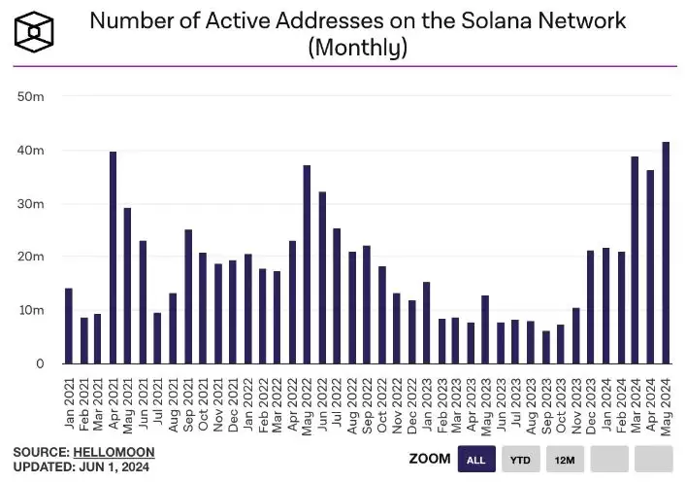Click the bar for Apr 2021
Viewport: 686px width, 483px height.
coord(114,258)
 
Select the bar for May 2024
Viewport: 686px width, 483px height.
coord(666,253)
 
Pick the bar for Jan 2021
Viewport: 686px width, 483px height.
coord(69,326)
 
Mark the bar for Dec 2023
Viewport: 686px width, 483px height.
coord(591,307)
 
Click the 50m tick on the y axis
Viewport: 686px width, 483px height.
coord(32,97)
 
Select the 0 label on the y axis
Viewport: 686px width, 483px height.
coord(40,363)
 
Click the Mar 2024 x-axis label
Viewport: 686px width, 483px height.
coord(636,404)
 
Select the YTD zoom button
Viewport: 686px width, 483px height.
coord(521,459)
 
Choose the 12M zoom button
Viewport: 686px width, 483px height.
coord(565,459)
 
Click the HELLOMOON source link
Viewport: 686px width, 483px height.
coord(114,453)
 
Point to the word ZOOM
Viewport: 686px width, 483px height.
coord(429,459)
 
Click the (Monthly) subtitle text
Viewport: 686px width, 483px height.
coord(357,48)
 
